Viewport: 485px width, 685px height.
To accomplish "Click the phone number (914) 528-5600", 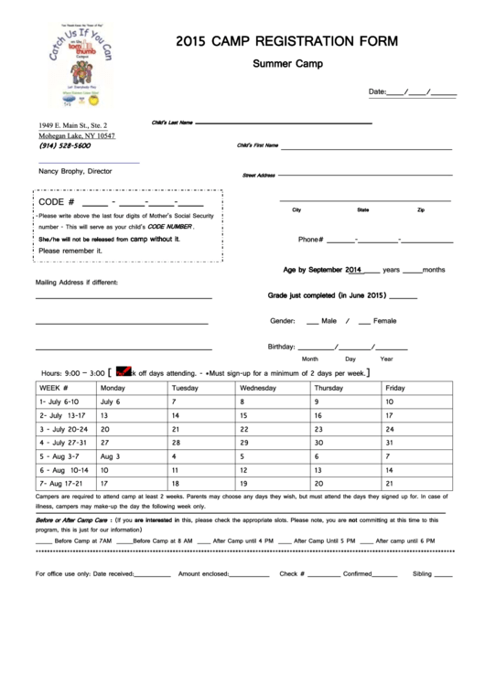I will coord(65,145).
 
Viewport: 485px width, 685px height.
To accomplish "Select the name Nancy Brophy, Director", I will coord(74,171).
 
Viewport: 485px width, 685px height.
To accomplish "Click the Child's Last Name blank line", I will coord(283,123).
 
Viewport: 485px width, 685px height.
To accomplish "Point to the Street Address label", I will coord(258,175).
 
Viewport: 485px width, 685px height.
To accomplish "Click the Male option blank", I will coord(313,322).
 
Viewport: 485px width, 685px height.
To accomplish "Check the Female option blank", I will coord(364,322).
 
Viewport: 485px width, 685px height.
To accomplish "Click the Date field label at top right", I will coord(377,92).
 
